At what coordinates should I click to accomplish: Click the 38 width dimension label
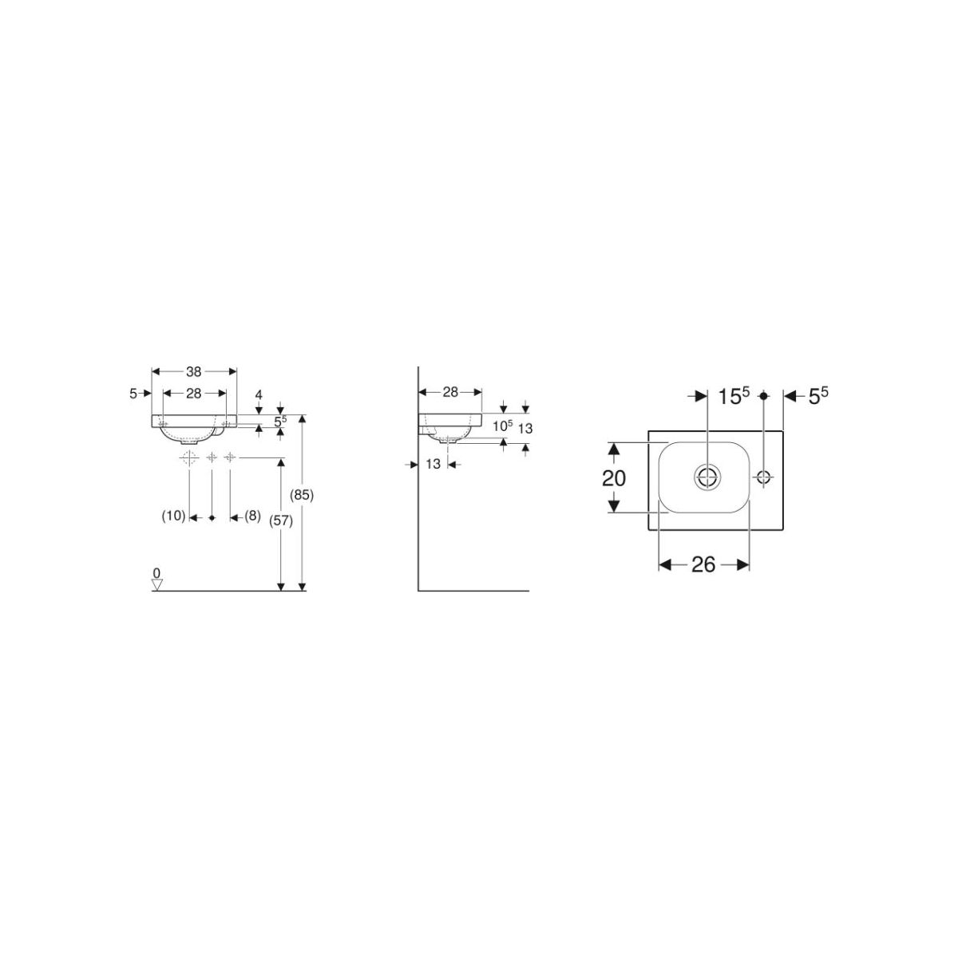193,371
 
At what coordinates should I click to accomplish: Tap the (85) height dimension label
303,495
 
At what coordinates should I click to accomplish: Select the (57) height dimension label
280,521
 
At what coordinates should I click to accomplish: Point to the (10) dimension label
173,516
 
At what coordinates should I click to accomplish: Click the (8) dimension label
252,516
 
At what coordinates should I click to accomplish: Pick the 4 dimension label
259,394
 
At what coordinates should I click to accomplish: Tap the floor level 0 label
156,573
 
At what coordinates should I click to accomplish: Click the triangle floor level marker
157,586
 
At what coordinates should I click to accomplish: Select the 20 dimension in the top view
613,478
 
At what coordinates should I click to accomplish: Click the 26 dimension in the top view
703,564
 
